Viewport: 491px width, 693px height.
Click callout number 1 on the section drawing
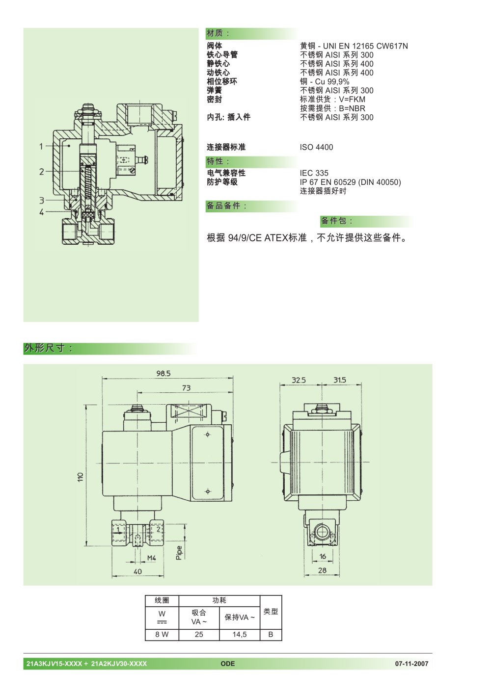pyautogui.click(x=41, y=146)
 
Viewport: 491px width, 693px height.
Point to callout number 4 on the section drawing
pyautogui.click(x=42, y=212)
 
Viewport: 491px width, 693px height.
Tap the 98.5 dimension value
pyautogui.click(x=163, y=373)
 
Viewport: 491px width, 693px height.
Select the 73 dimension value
pyautogui.click(x=186, y=387)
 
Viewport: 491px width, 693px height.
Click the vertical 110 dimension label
pyautogui.click(x=81, y=477)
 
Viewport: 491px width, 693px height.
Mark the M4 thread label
pyautogui.click(x=152, y=558)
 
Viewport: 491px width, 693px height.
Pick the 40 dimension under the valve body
pyautogui.click(x=137, y=571)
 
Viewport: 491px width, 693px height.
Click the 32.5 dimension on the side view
pyautogui.click(x=299, y=380)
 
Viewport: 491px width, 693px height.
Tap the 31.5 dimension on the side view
pyautogui.click(x=339, y=380)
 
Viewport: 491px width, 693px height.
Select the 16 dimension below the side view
pyautogui.click(x=323, y=556)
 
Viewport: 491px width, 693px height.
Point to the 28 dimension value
pyautogui.click(x=322, y=570)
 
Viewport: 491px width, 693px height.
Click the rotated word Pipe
pyautogui.click(x=179, y=553)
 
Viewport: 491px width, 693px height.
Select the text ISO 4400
pyautogui.click(x=316, y=147)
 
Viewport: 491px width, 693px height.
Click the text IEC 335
pyautogui.click(x=314, y=173)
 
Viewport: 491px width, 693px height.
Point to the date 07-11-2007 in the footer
pyautogui.click(x=411, y=664)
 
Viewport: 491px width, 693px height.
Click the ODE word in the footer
pyautogui.click(x=228, y=664)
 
